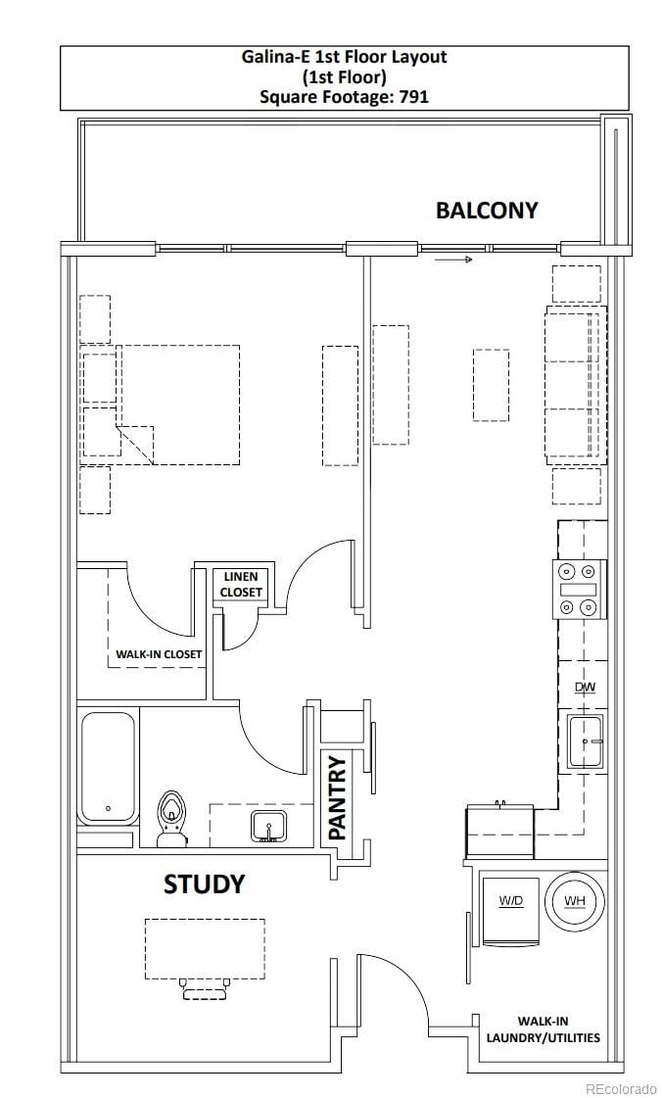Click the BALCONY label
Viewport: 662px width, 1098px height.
(x=487, y=210)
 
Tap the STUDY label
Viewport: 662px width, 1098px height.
(x=205, y=884)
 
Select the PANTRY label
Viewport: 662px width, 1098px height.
(x=337, y=797)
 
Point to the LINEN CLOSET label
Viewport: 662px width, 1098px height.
(x=241, y=584)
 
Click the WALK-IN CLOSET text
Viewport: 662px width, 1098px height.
(x=159, y=654)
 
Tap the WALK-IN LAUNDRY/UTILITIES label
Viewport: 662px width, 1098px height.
(x=544, y=1029)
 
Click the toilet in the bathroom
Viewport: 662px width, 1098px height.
(x=170, y=819)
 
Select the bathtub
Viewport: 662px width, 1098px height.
(x=109, y=768)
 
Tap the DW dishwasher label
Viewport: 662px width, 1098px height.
(x=585, y=687)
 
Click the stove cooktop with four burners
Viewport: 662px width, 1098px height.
(x=580, y=590)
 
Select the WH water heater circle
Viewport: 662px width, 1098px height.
(x=575, y=900)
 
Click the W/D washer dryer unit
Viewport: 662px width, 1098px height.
(x=511, y=910)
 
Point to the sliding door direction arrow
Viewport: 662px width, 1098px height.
(x=453, y=260)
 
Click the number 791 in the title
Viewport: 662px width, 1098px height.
(x=413, y=97)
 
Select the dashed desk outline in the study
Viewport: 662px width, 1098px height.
(x=205, y=949)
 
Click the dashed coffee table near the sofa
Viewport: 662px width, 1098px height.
(x=491, y=384)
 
